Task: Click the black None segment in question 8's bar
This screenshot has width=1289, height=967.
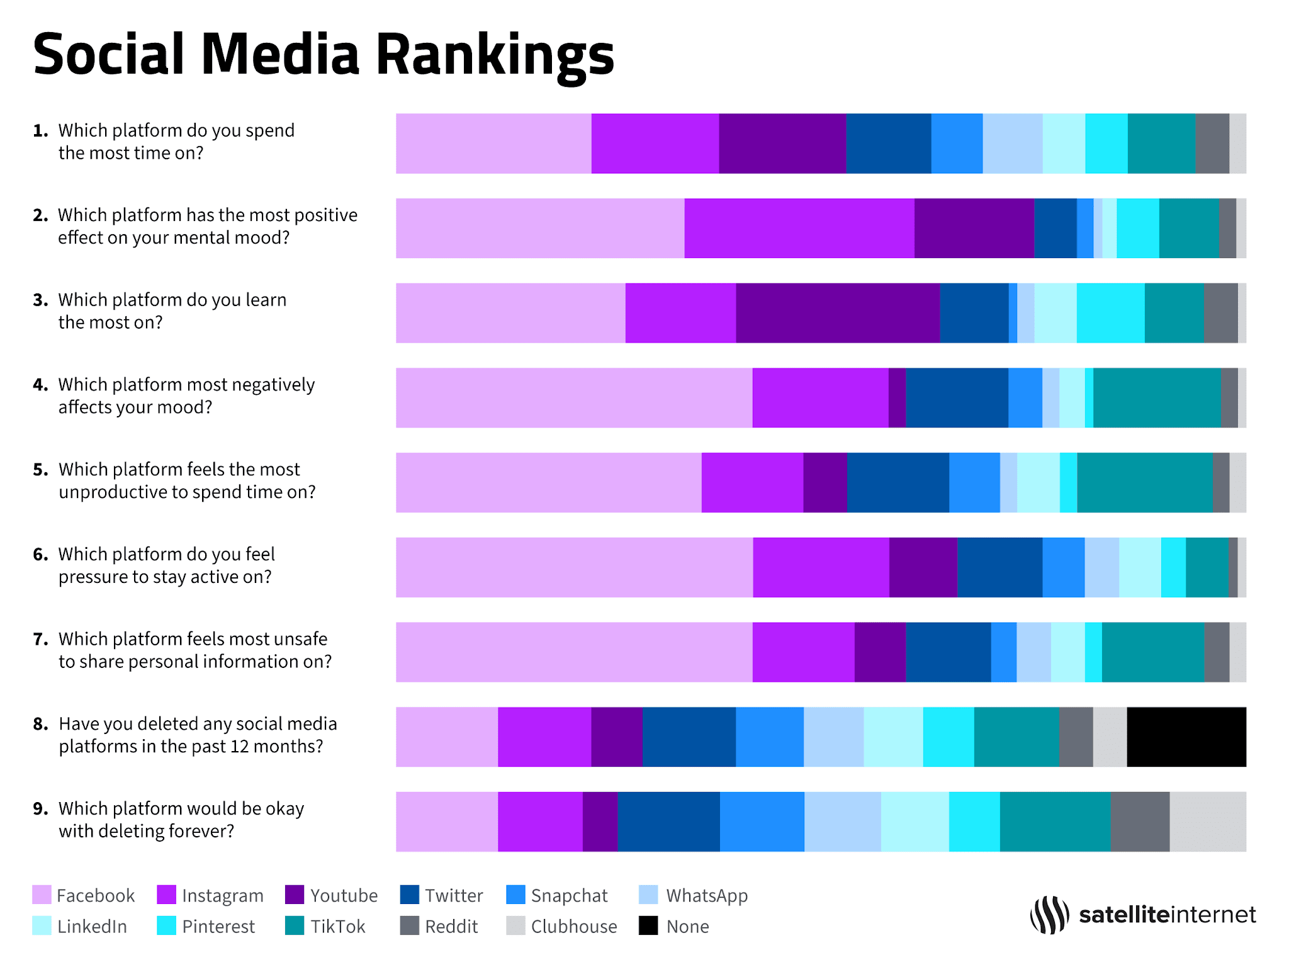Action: [1186, 737]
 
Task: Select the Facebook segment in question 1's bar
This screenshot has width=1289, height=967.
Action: [493, 144]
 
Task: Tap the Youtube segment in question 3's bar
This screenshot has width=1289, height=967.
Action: [837, 313]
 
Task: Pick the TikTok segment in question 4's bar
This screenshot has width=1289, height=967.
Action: [1156, 398]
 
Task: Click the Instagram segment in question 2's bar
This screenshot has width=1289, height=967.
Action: [799, 228]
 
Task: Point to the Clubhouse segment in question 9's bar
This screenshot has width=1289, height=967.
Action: [1207, 822]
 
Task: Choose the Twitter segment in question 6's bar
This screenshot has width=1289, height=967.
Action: [999, 567]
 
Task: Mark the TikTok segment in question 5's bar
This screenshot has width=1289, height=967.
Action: [1144, 482]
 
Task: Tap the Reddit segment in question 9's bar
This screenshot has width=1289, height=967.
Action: [1140, 822]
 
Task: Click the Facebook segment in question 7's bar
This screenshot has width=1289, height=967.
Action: [573, 652]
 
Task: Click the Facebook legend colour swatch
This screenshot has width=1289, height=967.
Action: [42, 895]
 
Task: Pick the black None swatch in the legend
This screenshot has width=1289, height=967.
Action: [648, 925]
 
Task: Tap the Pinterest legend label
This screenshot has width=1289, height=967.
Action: [218, 926]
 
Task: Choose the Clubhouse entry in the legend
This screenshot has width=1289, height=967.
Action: [573, 926]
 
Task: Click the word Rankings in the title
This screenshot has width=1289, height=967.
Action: [494, 55]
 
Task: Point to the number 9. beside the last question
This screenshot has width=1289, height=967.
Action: [40, 808]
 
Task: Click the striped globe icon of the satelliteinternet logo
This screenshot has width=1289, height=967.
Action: [1049, 915]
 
